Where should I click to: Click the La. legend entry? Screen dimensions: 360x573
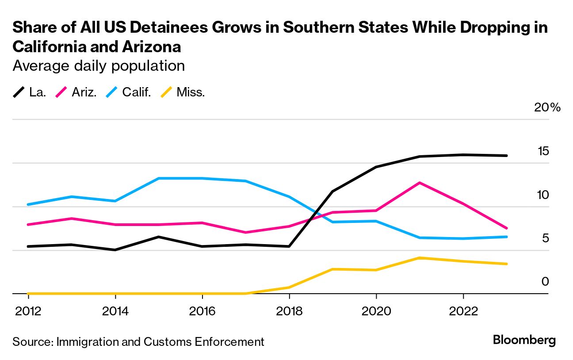(x=30, y=92)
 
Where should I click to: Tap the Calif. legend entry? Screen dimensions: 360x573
(x=129, y=92)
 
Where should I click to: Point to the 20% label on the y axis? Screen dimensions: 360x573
(x=547, y=108)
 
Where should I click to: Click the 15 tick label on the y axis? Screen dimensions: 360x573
(x=543, y=151)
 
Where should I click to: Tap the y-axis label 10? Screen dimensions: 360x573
(x=543, y=195)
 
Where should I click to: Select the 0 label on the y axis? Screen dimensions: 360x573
(x=545, y=282)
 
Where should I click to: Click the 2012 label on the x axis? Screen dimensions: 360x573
(x=28, y=311)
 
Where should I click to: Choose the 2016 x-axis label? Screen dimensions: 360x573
(x=202, y=311)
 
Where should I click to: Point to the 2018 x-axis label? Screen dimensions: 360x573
(x=289, y=311)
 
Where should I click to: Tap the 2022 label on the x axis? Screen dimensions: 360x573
(x=463, y=311)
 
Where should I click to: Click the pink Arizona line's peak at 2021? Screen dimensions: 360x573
(x=419, y=183)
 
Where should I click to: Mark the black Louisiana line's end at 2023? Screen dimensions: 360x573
(x=506, y=156)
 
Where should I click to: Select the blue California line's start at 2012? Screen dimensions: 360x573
(x=28, y=204)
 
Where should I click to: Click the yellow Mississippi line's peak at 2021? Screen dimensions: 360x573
(x=419, y=258)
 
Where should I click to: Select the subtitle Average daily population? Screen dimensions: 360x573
(x=99, y=66)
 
